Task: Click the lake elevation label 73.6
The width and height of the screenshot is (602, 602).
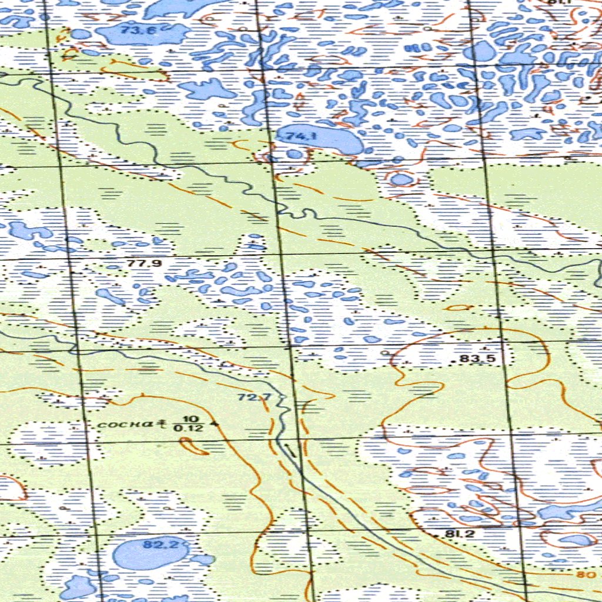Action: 139,31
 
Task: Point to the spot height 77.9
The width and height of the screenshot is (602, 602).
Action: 145,263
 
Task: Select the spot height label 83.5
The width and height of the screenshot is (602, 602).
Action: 477,359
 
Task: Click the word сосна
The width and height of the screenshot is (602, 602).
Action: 125,423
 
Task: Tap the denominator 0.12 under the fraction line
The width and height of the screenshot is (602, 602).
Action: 188,428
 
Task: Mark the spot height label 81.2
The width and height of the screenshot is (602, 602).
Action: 460,534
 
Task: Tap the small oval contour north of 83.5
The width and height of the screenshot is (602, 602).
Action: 459,307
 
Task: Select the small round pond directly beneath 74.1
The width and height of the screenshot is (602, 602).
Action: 295,154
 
